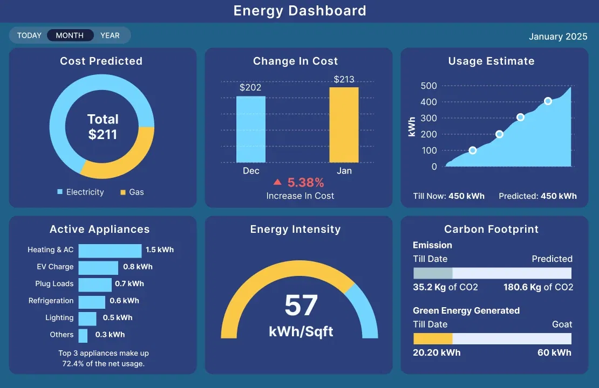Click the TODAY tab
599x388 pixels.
click(29, 36)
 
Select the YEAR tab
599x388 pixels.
click(110, 36)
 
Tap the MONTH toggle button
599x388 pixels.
click(70, 36)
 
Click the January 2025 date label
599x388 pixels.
click(558, 37)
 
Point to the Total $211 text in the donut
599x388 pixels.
click(103, 127)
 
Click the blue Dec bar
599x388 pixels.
click(251, 129)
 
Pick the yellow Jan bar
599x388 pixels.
click(344, 125)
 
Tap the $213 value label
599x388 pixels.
click(344, 80)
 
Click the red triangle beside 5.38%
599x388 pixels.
click(277, 183)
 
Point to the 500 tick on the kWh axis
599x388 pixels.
click(428, 86)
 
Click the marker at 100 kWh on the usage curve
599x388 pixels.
click(473, 150)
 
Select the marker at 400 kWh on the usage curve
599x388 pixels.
click(548, 101)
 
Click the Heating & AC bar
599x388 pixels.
click(110, 251)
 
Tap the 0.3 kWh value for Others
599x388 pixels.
click(110, 335)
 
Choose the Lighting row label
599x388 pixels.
click(59, 318)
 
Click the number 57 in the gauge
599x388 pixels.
click(301, 306)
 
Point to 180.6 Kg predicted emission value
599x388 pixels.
click(538, 287)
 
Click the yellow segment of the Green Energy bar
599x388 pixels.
click(433, 338)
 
